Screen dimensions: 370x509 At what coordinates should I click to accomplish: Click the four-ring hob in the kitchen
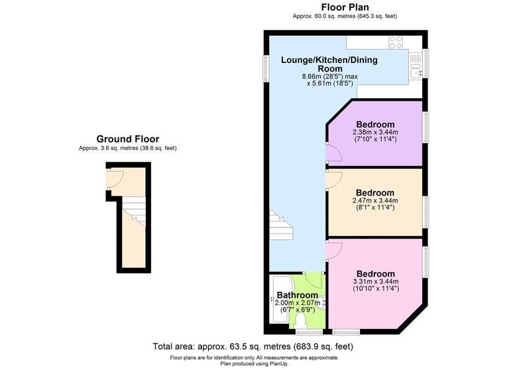pyautogui.click(x=396, y=42)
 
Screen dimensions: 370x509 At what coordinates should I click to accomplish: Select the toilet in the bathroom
pyautogui.click(x=302, y=322)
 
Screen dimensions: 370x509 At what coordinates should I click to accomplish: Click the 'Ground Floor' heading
pyautogui.click(x=127, y=139)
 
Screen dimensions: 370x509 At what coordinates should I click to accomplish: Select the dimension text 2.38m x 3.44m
pyautogui.click(x=375, y=133)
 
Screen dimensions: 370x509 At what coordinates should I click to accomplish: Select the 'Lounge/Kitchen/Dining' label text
pyautogui.click(x=329, y=60)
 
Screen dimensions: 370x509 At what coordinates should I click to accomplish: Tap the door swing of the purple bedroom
pyautogui.click(x=333, y=154)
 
